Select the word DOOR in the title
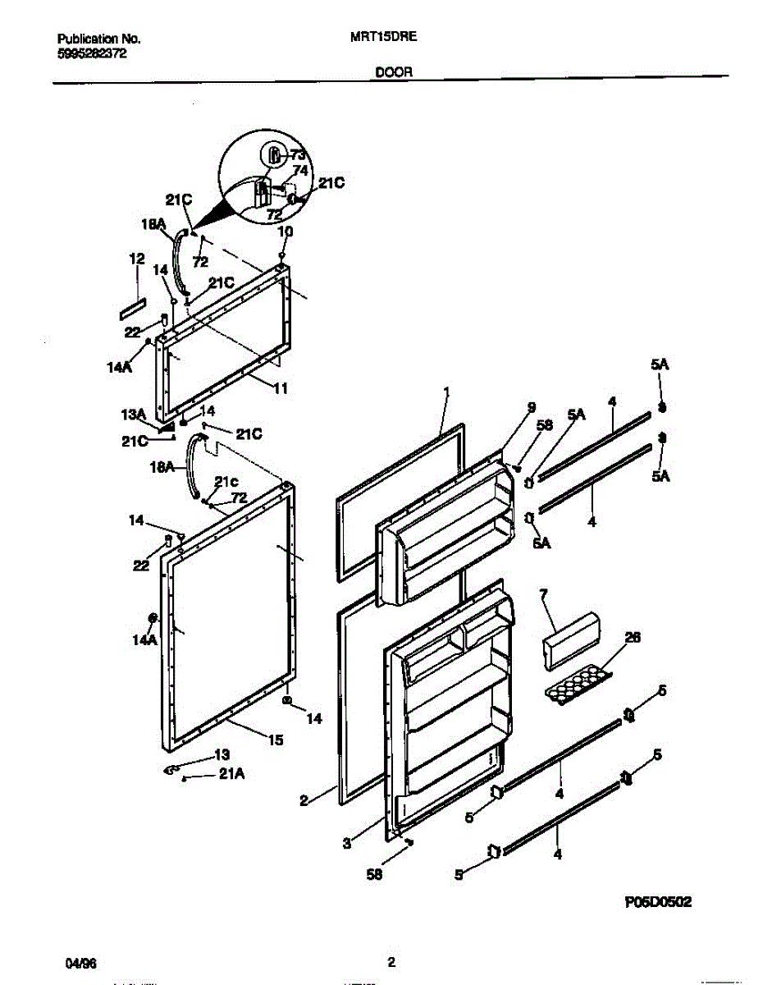pos(394,71)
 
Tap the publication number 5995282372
pos(92,53)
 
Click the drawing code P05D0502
pos(658,901)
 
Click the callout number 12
pos(136,259)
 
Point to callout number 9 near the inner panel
pos(531,406)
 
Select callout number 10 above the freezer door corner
pos(284,232)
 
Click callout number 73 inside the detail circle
pos(297,155)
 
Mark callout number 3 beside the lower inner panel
pos(346,842)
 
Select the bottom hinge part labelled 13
pos(172,769)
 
